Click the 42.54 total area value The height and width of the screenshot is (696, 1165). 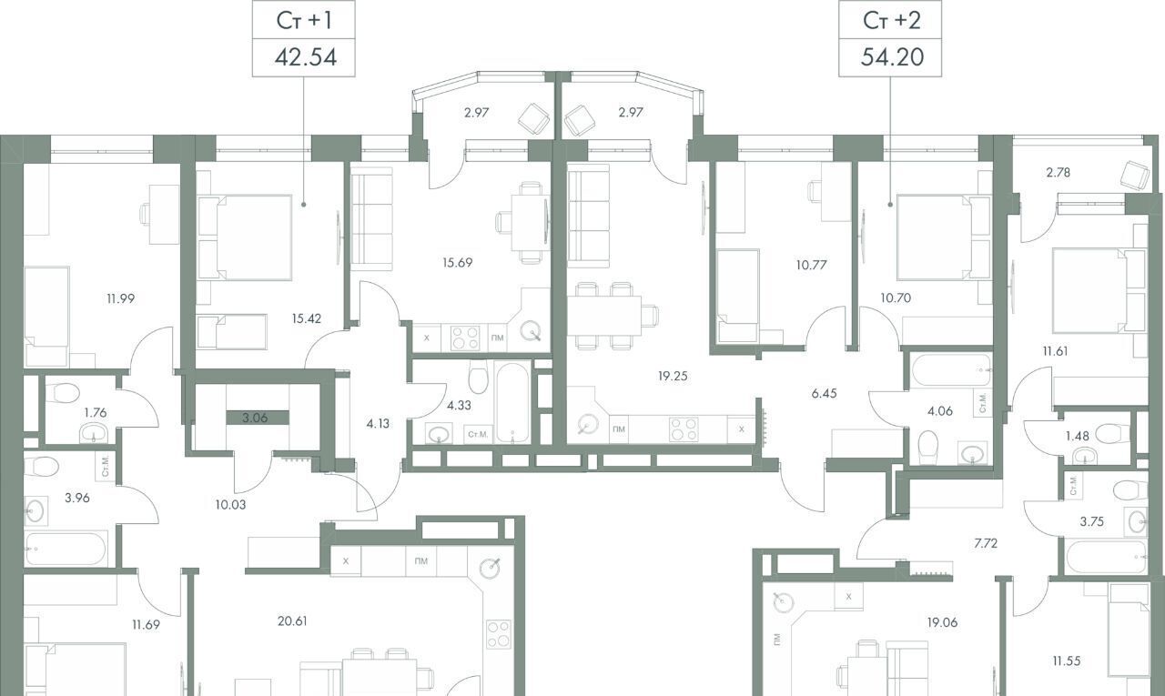click(x=305, y=57)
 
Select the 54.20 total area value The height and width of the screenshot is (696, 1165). click(x=892, y=57)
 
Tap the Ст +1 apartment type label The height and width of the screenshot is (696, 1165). click(x=304, y=21)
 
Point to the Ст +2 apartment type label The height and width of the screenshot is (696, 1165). click(x=891, y=21)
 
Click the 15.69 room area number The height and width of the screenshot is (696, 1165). click(x=458, y=263)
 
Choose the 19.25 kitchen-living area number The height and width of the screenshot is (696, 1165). click(x=673, y=376)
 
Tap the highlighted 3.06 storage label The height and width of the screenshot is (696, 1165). click(x=255, y=418)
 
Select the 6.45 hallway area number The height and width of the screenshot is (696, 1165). click(x=825, y=393)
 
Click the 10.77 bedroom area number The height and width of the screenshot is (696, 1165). click(x=811, y=265)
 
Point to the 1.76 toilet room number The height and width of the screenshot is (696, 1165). click(x=96, y=413)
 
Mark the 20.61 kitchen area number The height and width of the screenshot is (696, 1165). click(x=292, y=621)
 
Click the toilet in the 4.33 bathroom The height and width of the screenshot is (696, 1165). click(x=478, y=377)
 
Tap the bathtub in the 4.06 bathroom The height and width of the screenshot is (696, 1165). click(x=951, y=370)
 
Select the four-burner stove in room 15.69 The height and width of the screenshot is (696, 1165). click(x=465, y=338)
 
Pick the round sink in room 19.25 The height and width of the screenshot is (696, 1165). click(x=588, y=425)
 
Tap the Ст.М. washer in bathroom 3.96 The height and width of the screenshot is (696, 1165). click(x=106, y=467)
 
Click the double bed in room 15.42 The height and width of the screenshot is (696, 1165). click(x=245, y=238)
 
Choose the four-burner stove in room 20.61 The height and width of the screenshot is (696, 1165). click(x=498, y=634)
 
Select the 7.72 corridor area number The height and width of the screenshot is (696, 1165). click(x=986, y=544)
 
